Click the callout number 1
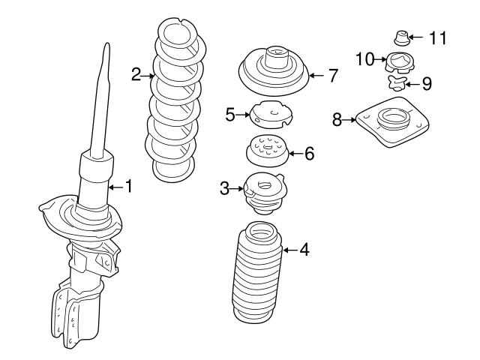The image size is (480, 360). [x=128, y=186]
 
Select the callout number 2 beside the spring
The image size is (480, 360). [x=136, y=73]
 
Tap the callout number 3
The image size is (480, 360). [x=225, y=189]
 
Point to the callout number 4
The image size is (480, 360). [x=304, y=249]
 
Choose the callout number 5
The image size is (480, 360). [x=230, y=114]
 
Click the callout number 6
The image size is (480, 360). [x=309, y=154]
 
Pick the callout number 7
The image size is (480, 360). [x=334, y=75]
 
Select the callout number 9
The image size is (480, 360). [x=427, y=83]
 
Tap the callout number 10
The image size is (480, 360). [x=364, y=58]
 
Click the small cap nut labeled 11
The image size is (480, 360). [x=401, y=36]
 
